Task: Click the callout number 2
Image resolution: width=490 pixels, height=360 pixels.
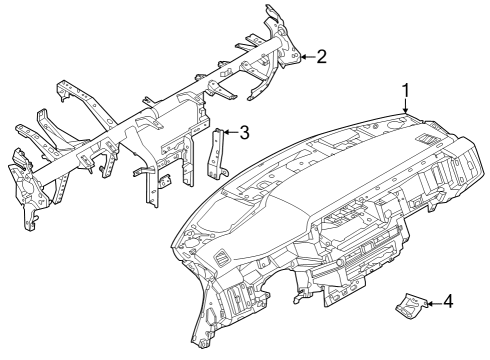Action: pyautogui.click(x=321, y=57)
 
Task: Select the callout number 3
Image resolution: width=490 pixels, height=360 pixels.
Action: pyautogui.click(x=243, y=131)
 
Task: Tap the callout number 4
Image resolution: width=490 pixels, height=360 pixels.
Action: pyautogui.click(x=447, y=301)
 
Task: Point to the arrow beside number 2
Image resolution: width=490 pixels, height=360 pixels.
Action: pyautogui.click(x=306, y=57)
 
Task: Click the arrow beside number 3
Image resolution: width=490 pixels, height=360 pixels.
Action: pyautogui.click(x=228, y=131)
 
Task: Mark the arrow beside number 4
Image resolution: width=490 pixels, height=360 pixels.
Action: pyautogui.click(x=431, y=301)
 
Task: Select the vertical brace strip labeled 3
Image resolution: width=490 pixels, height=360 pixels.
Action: pyautogui.click(x=216, y=152)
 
